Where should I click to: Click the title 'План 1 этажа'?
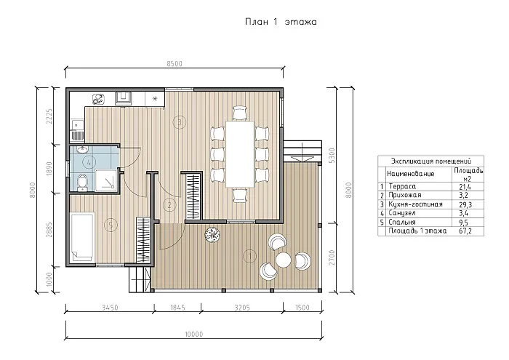[x=281, y=22]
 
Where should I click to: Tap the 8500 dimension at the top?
[x=175, y=63]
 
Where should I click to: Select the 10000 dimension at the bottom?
[x=194, y=334]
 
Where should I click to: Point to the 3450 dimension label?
[x=110, y=308]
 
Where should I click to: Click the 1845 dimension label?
[x=177, y=308]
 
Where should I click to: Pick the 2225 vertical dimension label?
[x=49, y=116]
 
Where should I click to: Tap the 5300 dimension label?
[x=332, y=156]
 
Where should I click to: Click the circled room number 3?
[x=180, y=122]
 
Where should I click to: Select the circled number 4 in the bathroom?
[x=89, y=162]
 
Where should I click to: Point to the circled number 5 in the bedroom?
[x=111, y=225]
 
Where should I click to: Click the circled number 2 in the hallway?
[x=169, y=205]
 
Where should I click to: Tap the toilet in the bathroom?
[x=82, y=183]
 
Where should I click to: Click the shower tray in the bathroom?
[x=105, y=180]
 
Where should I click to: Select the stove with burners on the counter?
[x=98, y=99]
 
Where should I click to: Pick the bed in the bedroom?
[x=82, y=237]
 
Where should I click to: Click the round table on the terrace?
[x=284, y=260]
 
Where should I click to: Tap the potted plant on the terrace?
[x=212, y=234]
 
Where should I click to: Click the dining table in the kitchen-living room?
[x=240, y=154]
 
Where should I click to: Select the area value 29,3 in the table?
[x=465, y=204]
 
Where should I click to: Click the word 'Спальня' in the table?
[x=402, y=223]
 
